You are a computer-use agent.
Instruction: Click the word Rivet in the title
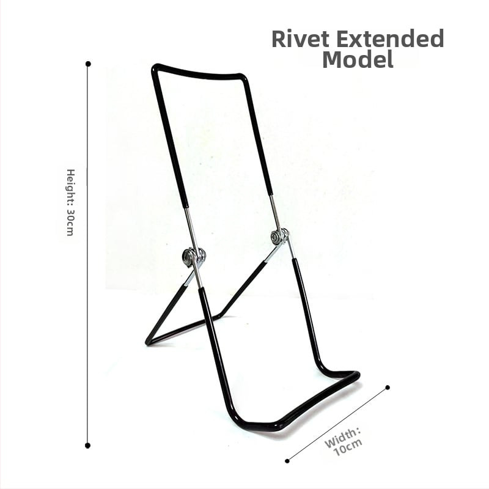click(x=300, y=39)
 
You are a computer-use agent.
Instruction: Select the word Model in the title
click(x=358, y=59)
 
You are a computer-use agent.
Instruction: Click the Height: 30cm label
click(x=71, y=202)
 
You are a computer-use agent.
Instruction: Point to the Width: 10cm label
click(x=344, y=441)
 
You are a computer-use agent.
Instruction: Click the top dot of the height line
click(x=88, y=64)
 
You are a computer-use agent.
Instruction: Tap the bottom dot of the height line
click(x=87, y=446)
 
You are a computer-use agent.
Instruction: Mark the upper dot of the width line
click(x=388, y=388)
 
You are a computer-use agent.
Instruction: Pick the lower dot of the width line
click(x=287, y=461)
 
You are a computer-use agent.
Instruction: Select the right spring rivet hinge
click(x=280, y=237)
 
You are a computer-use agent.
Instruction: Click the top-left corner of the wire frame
click(x=155, y=67)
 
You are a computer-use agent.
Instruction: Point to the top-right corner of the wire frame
click(x=243, y=76)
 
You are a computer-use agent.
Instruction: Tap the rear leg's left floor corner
click(x=147, y=343)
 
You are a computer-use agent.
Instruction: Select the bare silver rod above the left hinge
click(x=189, y=227)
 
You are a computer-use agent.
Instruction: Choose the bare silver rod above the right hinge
click(x=275, y=213)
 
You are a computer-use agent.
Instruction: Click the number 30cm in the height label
click(x=70, y=222)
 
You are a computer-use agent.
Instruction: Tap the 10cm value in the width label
click(x=348, y=447)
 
